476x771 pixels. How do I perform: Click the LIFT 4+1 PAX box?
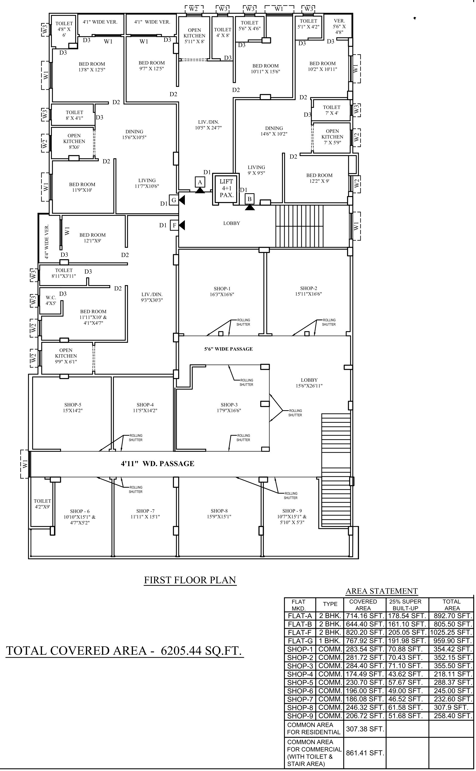click(x=226, y=189)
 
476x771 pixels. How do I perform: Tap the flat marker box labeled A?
click(x=200, y=182)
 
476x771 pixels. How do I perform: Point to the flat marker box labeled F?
click(x=174, y=225)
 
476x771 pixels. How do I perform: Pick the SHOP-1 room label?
click(x=222, y=291)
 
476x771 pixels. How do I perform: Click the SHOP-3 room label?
click(x=229, y=407)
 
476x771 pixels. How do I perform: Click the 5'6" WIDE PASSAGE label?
click(x=229, y=349)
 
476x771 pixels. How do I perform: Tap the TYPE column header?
click(x=330, y=604)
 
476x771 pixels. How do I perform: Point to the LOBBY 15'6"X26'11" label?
click(x=309, y=383)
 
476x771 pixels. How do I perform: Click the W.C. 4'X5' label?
click(x=51, y=300)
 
